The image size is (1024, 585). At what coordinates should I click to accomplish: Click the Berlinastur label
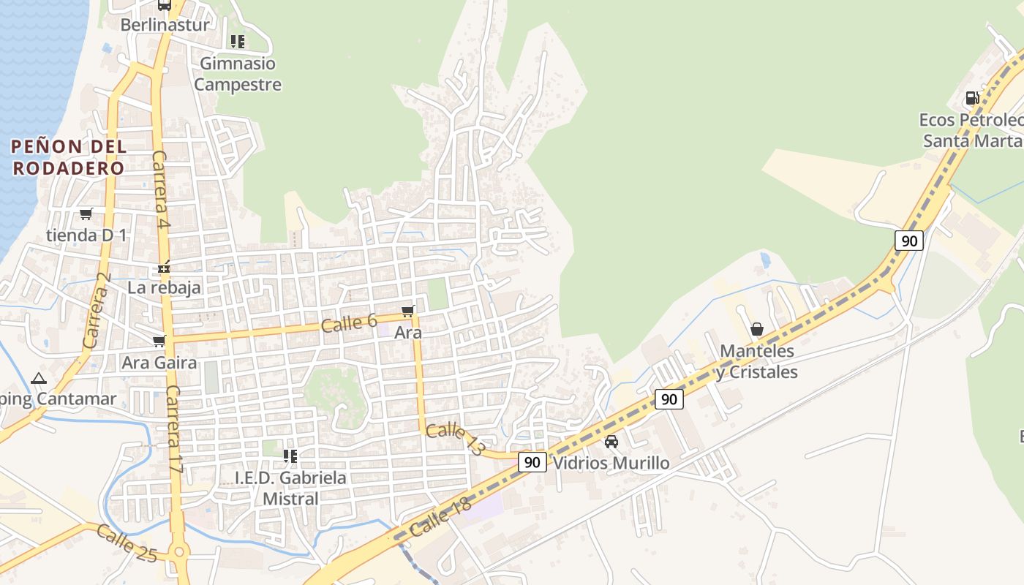(x=165, y=24)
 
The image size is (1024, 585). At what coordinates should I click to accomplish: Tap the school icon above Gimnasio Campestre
(x=237, y=42)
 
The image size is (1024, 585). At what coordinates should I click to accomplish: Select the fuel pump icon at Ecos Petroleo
(x=972, y=98)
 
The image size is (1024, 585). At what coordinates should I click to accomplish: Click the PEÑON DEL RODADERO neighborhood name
(x=69, y=156)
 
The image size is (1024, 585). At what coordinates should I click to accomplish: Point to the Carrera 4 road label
(x=161, y=189)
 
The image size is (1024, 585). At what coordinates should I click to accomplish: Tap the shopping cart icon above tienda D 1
(x=86, y=214)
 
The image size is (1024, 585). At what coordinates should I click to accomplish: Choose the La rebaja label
(x=164, y=287)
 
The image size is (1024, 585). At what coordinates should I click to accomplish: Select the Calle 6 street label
(x=349, y=322)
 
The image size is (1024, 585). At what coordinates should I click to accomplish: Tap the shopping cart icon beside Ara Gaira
(x=159, y=341)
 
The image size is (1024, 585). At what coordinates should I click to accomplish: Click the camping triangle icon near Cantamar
(x=38, y=378)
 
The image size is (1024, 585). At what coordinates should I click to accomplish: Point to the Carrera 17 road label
(x=176, y=429)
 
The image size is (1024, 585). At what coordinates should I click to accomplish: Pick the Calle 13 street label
(x=454, y=439)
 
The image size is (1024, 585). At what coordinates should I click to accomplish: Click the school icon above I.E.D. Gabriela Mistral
(x=290, y=456)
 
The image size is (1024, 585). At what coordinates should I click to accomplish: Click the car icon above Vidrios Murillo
(x=611, y=442)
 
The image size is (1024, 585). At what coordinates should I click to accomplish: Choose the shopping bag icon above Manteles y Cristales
(x=757, y=330)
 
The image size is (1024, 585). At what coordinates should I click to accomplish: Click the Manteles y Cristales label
(x=757, y=361)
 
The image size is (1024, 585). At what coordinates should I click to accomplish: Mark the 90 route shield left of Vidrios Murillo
(x=532, y=462)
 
